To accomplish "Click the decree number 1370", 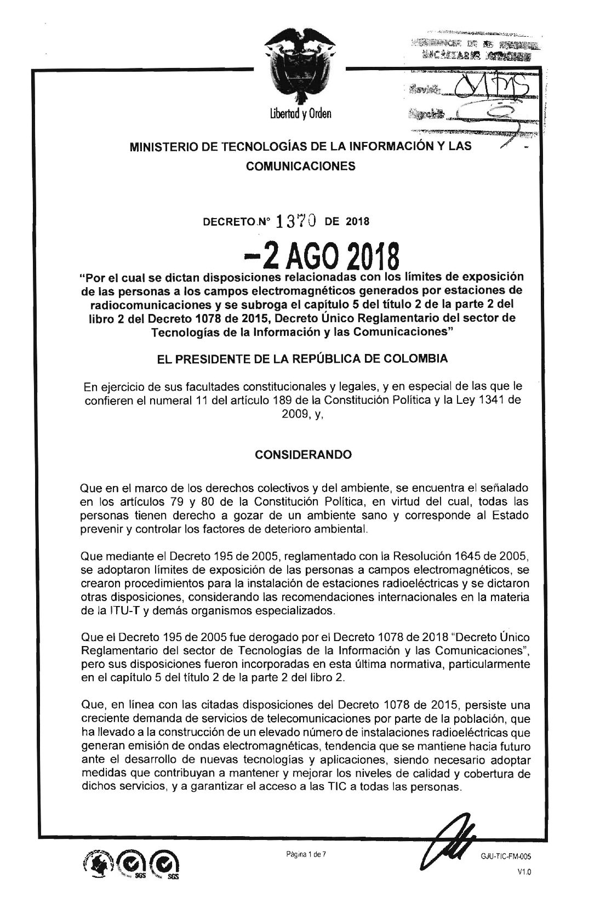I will pyautogui.click(x=296, y=221).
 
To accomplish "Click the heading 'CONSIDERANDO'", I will pyautogui.click(x=300, y=454).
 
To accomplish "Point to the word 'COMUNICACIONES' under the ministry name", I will pyautogui.click(x=300, y=166).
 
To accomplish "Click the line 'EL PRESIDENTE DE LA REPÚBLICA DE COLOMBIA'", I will pyautogui.click(x=300, y=359).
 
